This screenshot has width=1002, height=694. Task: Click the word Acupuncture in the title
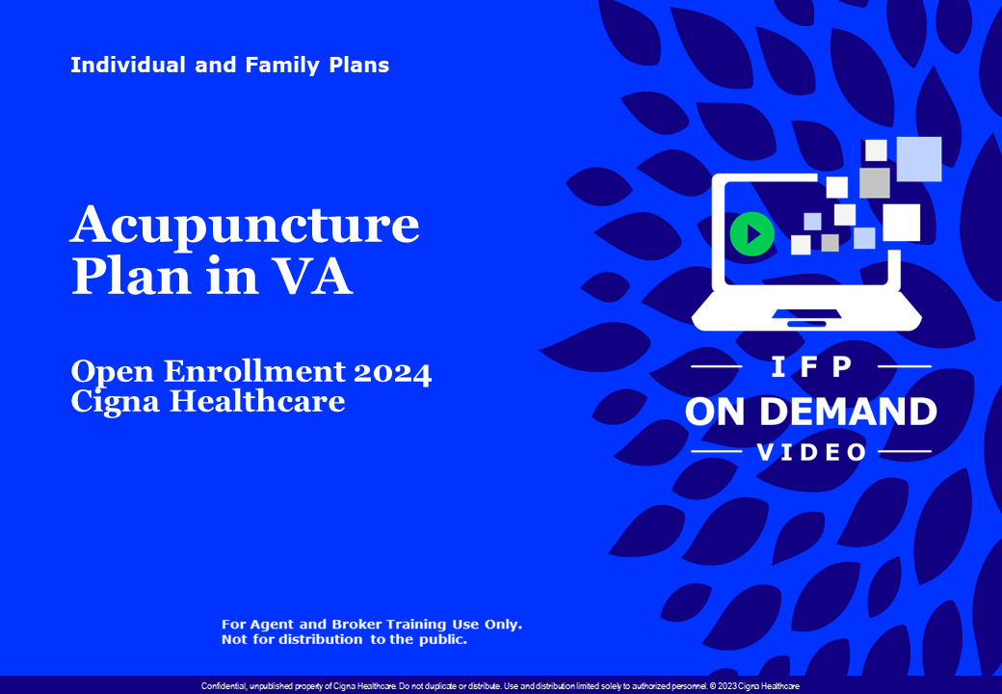coord(245,225)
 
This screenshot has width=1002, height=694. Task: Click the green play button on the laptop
coord(751,234)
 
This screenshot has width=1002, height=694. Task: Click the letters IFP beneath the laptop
coord(810,367)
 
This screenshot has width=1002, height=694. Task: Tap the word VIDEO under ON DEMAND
coord(811,452)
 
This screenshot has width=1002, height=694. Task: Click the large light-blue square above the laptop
coord(918,159)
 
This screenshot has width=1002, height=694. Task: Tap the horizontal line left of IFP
coord(718,367)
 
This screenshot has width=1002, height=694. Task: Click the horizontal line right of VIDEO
coord(905,452)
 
